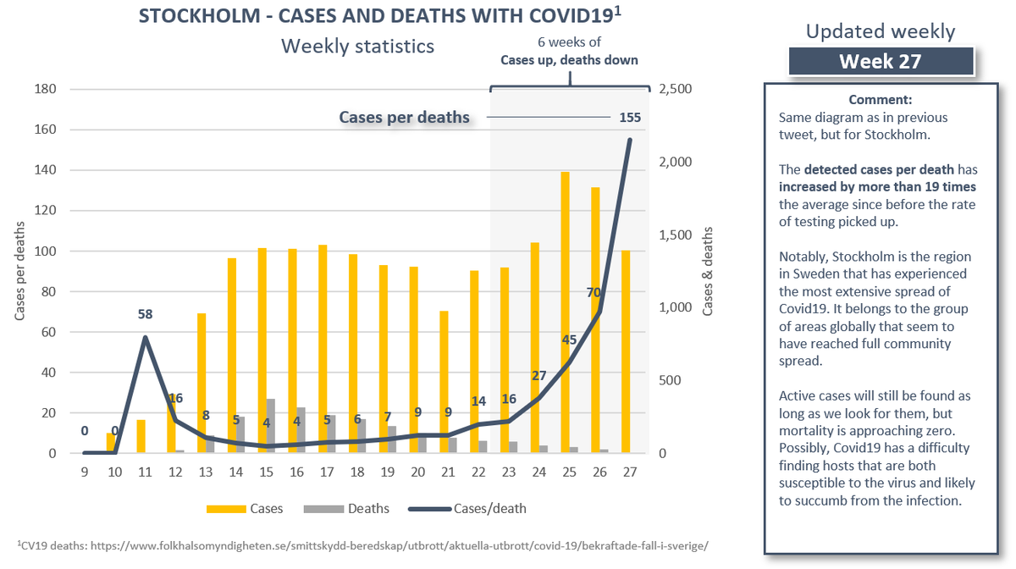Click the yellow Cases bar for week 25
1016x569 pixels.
click(565, 313)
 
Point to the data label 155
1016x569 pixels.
click(629, 118)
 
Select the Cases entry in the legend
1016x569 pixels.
click(246, 509)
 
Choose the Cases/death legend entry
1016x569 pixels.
click(473, 509)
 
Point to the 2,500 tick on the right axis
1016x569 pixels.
click(675, 90)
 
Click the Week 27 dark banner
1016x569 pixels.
click(880, 62)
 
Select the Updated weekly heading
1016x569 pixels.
click(880, 32)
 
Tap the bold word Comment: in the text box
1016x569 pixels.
click(879, 99)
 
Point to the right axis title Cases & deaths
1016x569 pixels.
click(708, 271)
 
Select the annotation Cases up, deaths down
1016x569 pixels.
click(569, 60)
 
